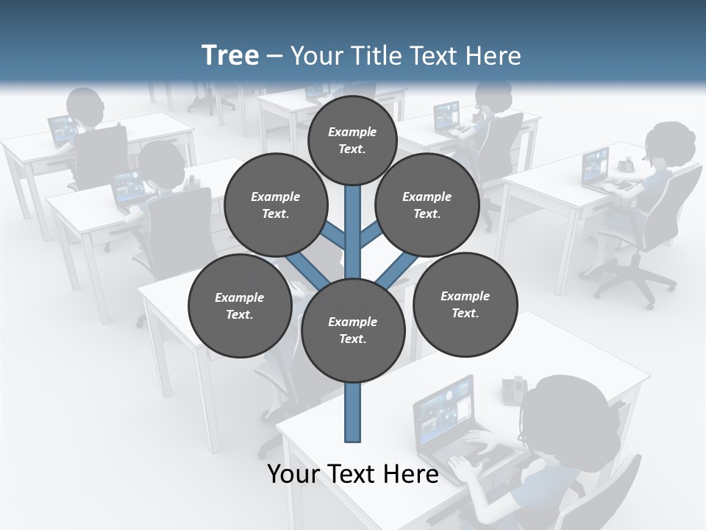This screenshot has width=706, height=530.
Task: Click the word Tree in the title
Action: (230, 55)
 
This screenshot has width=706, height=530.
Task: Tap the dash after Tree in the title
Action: (274, 56)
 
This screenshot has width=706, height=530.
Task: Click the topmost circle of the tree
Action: (352, 140)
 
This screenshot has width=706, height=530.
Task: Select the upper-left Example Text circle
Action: (275, 205)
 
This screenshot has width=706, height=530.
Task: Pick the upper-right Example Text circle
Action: (427, 205)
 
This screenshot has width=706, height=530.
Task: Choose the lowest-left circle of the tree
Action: (240, 305)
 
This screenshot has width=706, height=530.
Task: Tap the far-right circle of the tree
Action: (465, 303)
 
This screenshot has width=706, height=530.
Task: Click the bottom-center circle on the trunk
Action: (353, 331)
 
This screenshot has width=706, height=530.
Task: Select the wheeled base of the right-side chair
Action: (632, 283)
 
